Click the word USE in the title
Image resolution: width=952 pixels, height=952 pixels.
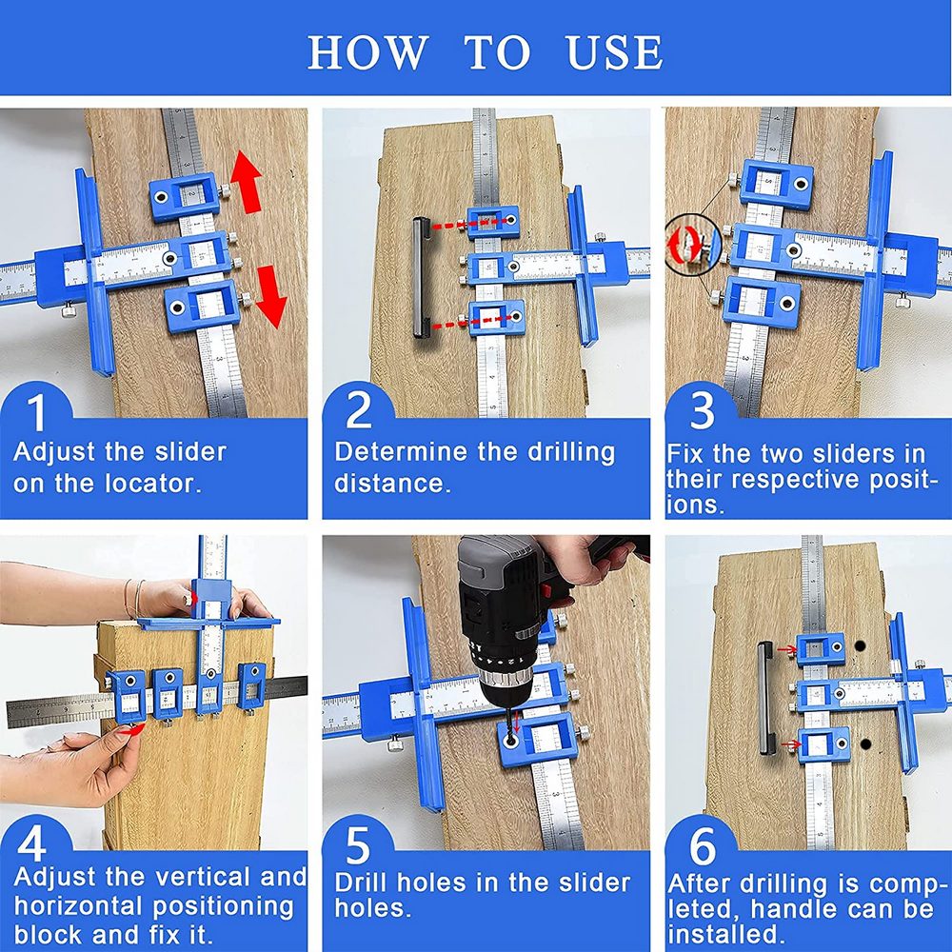coord(615,52)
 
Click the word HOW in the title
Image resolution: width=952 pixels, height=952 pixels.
coord(367,52)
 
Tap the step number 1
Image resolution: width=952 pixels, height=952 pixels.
coord(36,413)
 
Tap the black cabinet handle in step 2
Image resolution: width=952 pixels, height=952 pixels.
coord(419,277)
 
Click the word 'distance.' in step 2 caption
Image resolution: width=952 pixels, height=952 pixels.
coord(391,483)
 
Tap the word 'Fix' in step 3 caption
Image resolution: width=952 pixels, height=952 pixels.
coord(689,453)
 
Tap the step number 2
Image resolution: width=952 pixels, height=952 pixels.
coord(359,413)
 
